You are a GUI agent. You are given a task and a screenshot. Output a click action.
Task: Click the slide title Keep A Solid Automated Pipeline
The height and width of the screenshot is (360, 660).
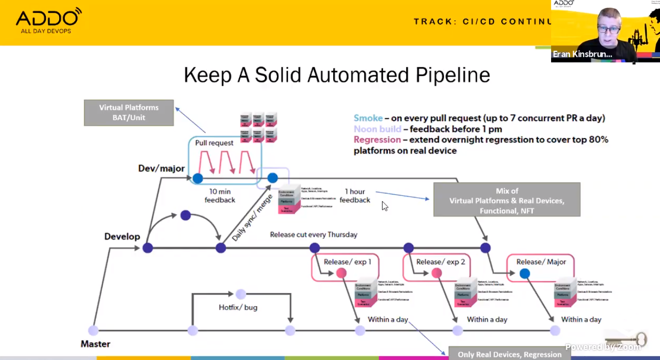point(337,75)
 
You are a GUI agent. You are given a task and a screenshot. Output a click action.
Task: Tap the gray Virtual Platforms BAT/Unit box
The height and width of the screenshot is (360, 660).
point(129,112)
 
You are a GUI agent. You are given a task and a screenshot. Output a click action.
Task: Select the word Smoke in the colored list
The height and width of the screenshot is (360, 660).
point(368,118)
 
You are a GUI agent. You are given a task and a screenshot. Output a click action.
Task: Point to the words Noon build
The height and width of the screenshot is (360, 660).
point(377,129)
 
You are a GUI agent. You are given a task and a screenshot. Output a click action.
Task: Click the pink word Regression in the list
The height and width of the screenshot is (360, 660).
point(377,140)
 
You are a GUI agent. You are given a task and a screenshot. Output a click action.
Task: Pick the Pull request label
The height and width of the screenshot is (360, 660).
point(214,143)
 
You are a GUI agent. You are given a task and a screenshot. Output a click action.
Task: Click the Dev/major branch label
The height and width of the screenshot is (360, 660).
point(161,169)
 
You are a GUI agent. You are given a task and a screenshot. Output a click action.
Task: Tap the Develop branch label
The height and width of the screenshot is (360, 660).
point(122,236)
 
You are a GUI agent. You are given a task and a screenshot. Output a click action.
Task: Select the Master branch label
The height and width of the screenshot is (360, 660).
point(95,344)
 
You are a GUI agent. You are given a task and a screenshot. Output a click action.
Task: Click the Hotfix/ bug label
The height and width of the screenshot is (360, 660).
point(238,307)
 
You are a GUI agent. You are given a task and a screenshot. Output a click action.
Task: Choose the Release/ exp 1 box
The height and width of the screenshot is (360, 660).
point(347,262)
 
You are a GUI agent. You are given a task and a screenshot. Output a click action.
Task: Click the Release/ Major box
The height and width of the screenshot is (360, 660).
point(541,262)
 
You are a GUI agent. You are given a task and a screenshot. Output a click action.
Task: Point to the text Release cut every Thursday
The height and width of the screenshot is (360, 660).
point(313,235)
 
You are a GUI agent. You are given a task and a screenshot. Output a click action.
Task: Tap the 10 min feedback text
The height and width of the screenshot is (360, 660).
point(220,196)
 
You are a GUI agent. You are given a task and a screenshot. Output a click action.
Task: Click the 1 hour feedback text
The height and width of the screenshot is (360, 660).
point(355,196)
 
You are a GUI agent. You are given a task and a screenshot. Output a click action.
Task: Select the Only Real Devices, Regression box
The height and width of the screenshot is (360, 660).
point(509,354)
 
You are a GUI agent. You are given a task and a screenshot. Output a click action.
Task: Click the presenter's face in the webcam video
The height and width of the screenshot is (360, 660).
point(608,26)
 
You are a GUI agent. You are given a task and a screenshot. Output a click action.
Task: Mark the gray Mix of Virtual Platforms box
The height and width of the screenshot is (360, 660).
point(507,200)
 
